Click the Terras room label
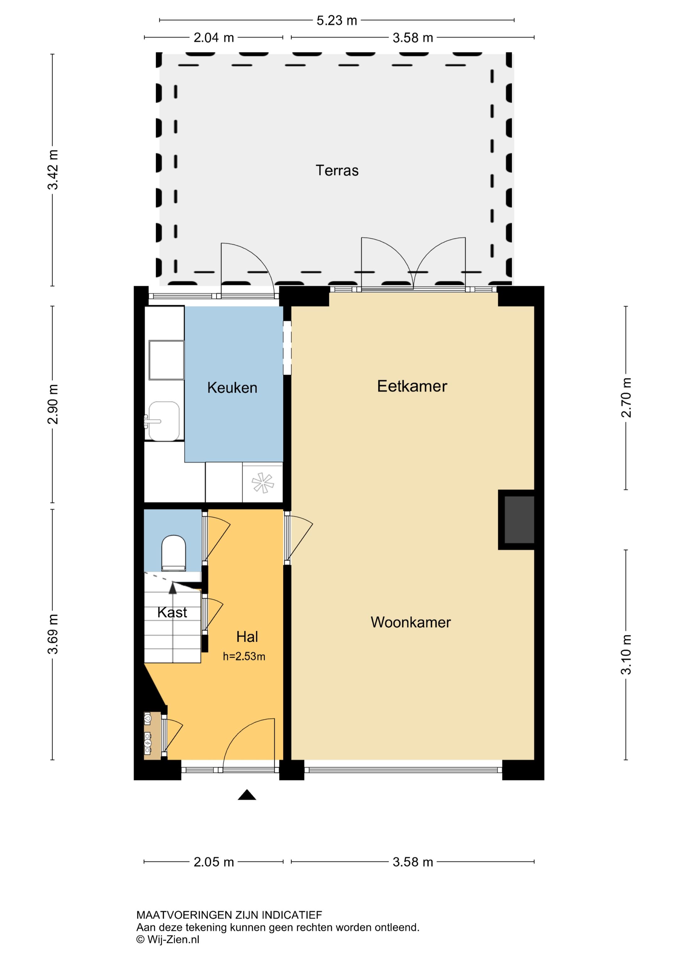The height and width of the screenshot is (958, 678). [337, 171]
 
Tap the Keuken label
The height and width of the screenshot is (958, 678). [232, 388]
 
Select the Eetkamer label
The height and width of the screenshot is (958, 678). [412, 386]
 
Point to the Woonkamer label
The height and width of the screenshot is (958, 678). [411, 622]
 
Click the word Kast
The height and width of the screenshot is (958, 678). [172, 612]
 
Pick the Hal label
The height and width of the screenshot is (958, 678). [247, 637]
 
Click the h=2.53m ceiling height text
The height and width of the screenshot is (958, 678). [244, 656]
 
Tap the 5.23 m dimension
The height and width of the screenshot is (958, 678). [336, 20]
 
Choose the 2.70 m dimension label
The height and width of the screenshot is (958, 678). [626, 398]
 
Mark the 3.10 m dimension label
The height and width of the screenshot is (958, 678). [626, 654]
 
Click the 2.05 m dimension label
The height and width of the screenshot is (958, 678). [214, 862]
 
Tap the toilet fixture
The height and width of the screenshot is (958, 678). [174, 553]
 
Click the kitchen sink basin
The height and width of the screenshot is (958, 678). [164, 421]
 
